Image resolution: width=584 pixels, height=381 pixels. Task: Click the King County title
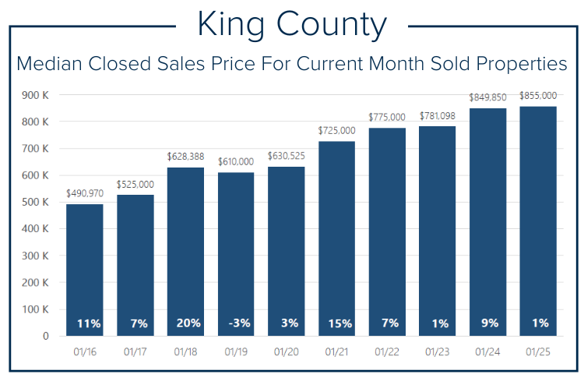(x=291, y=25)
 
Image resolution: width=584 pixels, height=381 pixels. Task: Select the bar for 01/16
(x=85, y=270)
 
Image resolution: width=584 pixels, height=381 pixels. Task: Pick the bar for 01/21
(x=337, y=238)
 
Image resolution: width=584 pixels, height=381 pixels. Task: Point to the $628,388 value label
(x=186, y=157)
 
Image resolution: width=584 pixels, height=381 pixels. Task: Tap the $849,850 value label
(x=488, y=97)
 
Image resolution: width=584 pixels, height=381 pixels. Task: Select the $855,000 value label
(x=538, y=95)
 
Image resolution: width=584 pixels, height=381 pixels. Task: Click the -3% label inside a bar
(x=236, y=323)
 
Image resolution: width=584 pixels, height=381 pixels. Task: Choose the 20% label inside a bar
(x=186, y=323)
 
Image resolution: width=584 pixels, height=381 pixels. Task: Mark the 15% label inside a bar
(x=337, y=323)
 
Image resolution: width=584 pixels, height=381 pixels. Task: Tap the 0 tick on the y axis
(x=45, y=336)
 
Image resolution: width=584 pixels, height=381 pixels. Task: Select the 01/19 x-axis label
(x=236, y=352)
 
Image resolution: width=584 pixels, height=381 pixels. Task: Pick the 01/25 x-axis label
(x=538, y=352)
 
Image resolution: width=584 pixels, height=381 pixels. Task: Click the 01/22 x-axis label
(x=387, y=352)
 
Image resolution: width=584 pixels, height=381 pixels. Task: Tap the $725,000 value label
(x=337, y=130)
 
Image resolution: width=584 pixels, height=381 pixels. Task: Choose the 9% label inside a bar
(x=488, y=323)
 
